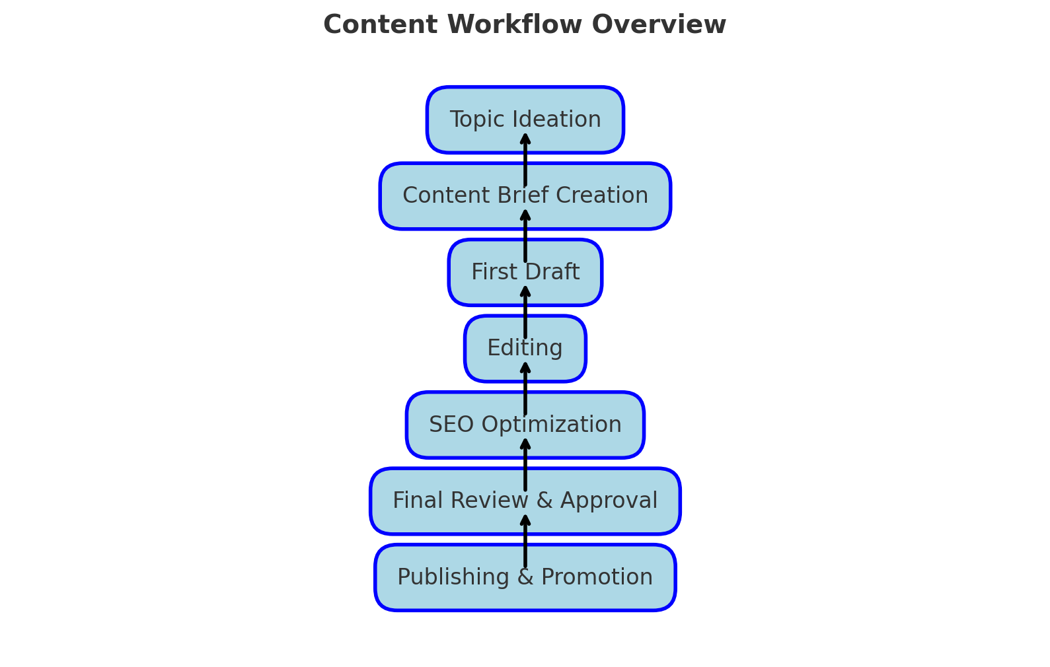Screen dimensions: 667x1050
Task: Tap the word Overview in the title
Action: tap(659, 25)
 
